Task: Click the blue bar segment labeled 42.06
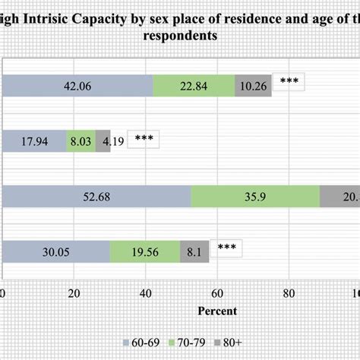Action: [77, 86]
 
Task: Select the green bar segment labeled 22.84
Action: [194, 86]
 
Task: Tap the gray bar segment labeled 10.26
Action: [253, 86]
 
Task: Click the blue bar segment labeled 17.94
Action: [34, 141]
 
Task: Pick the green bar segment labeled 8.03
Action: [81, 141]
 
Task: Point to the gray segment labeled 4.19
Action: [103, 141]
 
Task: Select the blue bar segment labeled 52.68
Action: [96, 196]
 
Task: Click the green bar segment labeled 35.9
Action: [255, 196]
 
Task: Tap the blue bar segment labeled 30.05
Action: [56, 251]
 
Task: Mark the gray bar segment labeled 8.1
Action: [191, 251]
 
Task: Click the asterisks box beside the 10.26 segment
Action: [289, 81]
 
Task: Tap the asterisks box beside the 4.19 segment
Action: [144, 137]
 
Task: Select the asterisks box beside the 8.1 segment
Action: [226, 247]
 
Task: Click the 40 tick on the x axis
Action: [145, 293]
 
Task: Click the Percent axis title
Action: [217, 311]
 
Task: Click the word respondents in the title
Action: [180, 35]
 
